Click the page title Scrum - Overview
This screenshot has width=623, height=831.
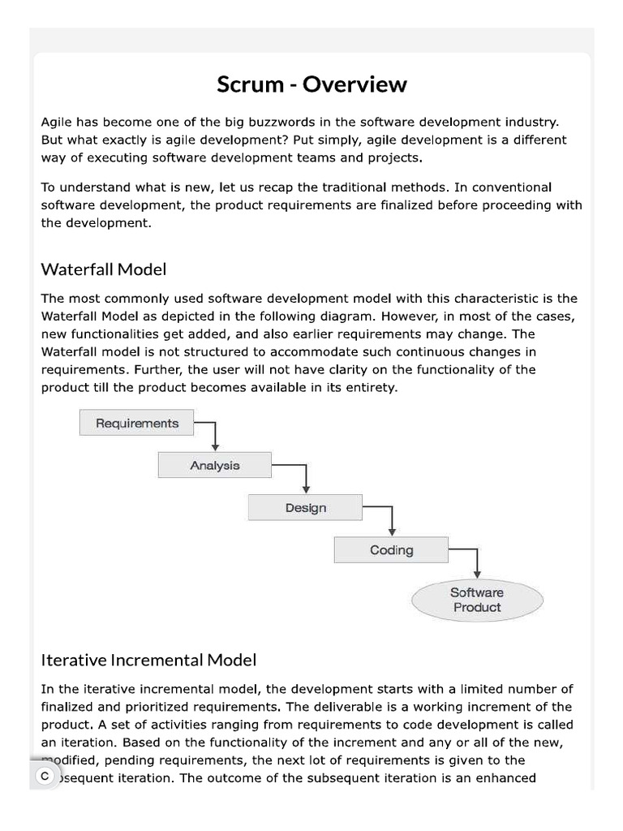pos(311,84)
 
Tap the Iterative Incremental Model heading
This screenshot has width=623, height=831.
pos(148,659)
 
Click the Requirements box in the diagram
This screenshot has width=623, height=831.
pos(137,423)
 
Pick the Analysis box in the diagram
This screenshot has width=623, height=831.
pos(215,465)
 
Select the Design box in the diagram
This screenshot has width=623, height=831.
pos(306,507)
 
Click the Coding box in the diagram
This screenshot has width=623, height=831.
pos(391,549)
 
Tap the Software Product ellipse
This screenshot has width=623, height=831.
pos(477,600)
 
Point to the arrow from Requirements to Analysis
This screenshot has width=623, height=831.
pos(214,435)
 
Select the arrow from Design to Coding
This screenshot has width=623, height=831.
pos(392,520)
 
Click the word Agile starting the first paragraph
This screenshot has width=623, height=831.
pos(58,122)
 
